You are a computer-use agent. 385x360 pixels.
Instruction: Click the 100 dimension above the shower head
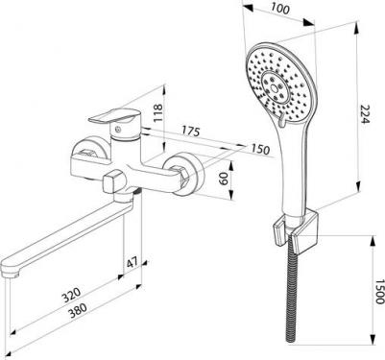[x=280, y=9]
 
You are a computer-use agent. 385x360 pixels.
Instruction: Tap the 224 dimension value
[x=365, y=114]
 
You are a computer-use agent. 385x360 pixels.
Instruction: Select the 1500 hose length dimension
[x=380, y=291]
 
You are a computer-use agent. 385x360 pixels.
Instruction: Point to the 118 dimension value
[x=158, y=112]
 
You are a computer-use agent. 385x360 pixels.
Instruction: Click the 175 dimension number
[x=191, y=131]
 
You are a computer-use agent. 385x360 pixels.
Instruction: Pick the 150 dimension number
[x=260, y=149]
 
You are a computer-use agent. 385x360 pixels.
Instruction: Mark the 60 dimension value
[x=224, y=179]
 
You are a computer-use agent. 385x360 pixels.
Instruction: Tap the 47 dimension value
[x=132, y=263]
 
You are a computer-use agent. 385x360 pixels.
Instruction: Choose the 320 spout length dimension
[x=72, y=295]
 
